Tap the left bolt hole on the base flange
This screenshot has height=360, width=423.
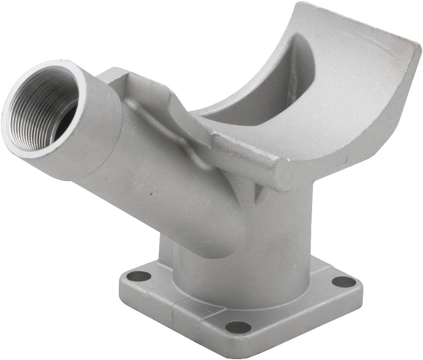[141, 276]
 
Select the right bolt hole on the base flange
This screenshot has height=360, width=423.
[343, 282]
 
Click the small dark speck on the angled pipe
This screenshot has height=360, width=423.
[151, 192]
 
